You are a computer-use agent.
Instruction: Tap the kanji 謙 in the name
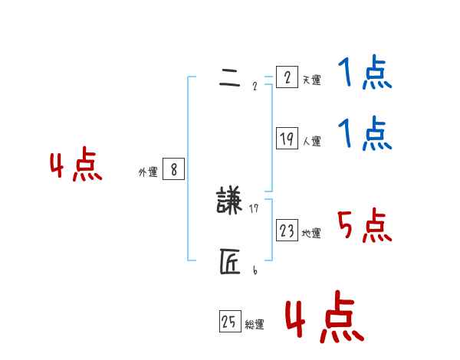tap(229, 201)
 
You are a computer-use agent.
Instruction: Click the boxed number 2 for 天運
tap(287, 77)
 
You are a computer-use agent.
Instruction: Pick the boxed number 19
tap(287, 139)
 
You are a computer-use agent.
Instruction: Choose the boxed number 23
tap(287, 231)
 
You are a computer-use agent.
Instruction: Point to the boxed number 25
tap(229, 322)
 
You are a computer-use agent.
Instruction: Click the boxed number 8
tap(173, 170)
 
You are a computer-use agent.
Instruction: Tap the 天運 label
tap(311, 80)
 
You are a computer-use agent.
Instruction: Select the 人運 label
tap(311, 141)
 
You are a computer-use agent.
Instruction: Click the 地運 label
tap(311, 233)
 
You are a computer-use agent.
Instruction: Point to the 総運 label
tap(255, 325)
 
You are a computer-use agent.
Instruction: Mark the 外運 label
tap(147, 172)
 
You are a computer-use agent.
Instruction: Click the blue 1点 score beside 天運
tap(365, 74)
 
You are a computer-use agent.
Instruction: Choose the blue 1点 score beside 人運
tap(365, 134)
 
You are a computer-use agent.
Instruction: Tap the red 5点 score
tap(365, 226)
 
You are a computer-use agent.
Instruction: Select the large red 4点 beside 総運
tap(324, 316)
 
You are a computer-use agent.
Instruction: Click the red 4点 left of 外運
tap(76, 166)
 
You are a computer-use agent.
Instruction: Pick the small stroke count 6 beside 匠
tap(255, 270)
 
